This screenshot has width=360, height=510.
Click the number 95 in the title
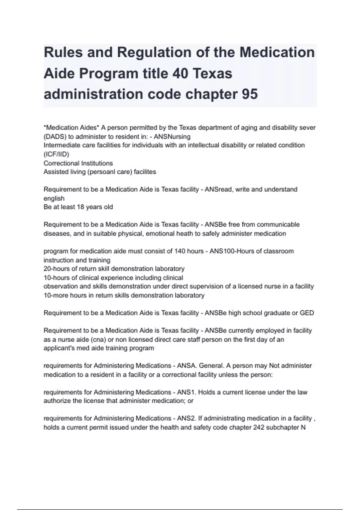249,94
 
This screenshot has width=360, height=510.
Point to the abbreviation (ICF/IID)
56,154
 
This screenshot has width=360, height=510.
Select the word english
54,198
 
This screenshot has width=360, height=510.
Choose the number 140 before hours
180,251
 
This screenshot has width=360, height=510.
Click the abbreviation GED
307,313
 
